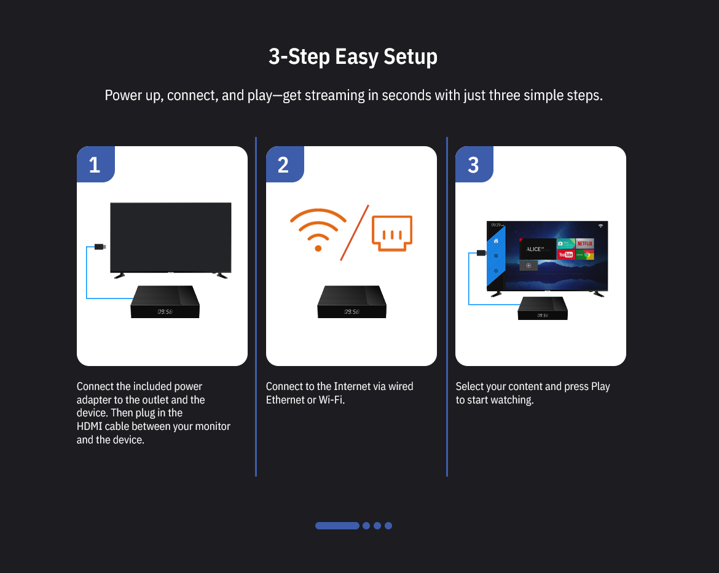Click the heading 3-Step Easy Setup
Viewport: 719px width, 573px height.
pos(353,57)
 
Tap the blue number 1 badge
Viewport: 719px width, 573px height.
pos(95,164)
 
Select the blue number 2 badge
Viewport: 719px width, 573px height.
pos(285,164)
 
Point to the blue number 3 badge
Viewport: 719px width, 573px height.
pos(474,164)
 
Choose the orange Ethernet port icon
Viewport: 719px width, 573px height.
pos(392,233)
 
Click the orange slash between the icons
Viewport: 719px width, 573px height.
pos(355,232)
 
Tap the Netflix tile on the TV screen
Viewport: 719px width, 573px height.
pos(584,243)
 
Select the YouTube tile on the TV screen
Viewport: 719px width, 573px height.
pos(566,254)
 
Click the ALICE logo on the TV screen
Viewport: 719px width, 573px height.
pos(535,249)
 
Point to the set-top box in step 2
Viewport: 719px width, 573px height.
pos(352,302)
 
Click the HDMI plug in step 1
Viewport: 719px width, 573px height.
pos(100,247)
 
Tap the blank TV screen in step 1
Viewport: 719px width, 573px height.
pos(171,237)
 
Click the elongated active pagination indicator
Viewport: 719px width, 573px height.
pos(337,526)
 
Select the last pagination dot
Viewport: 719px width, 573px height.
pos(388,526)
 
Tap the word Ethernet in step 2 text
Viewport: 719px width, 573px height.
pos(285,400)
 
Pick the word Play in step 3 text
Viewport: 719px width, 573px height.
pos(600,387)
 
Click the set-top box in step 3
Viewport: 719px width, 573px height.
pos(543,308)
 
